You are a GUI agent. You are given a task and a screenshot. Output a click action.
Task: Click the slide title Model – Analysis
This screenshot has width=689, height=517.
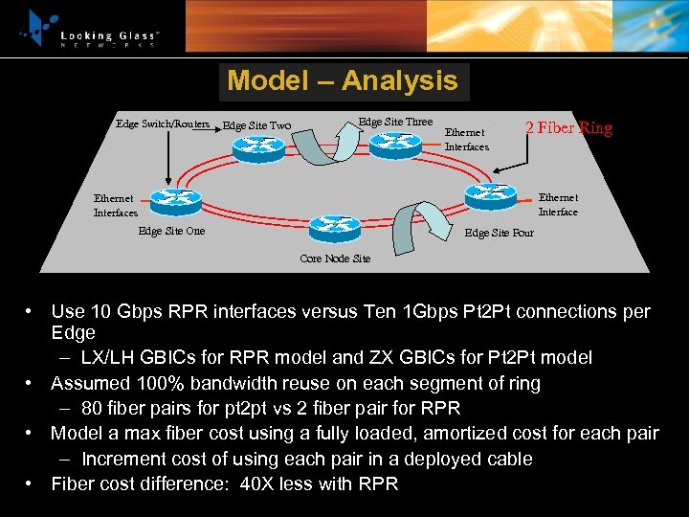click(x=343, y=81)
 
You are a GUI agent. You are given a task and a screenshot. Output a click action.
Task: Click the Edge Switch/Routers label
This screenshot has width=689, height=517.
click(x=162, y=124)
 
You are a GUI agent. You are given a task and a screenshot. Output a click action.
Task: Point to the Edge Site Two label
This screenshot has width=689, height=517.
click(x=256, y=125)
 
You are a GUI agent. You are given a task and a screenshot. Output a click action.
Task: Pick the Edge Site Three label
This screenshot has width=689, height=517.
click(x=394, y=122)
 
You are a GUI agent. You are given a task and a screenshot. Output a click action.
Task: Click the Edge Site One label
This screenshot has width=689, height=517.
click(x=171, y=231)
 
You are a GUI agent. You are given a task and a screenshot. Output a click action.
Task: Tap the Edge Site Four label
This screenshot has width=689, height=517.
click(x=499, y=233)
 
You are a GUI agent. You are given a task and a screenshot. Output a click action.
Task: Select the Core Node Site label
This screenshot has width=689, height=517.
click(x=334, y=258)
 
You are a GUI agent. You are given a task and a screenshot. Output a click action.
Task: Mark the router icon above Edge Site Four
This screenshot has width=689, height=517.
click(x=492, y=195)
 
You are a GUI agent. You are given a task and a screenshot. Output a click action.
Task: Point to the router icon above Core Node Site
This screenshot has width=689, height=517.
click(x=335, y=229)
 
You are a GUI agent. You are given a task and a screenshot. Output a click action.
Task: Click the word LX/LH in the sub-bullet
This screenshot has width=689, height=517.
click(x=108, y=357)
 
